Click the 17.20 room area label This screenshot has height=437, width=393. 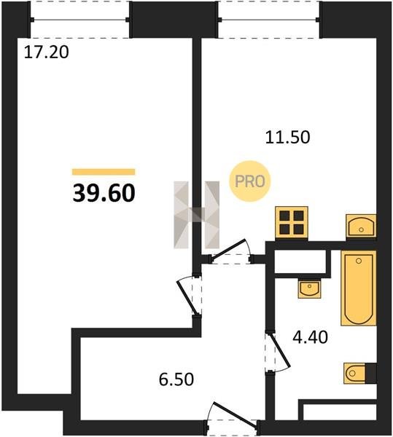[x=47, y=52]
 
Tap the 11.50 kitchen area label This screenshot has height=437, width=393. [x=287, y=138]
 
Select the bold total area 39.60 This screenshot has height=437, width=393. [x=104, y=193]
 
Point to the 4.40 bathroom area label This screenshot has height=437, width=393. [x=310, y=337]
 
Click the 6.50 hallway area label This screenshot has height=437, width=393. [x=176, y=379]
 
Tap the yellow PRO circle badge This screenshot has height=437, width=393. [x=250, y=181]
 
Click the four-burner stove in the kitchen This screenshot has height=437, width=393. [x=292, y=223]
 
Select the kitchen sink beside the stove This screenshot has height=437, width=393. [x=361, y=226]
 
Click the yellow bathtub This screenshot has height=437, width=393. [x=359, y=288]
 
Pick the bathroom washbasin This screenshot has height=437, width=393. [x=309, y=288]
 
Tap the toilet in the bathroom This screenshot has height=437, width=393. [x=355, y=373]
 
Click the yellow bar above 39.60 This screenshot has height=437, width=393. [x=104, y=172]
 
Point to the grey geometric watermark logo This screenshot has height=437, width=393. [x=196, y=215]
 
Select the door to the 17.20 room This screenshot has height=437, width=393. [x=189, y=296]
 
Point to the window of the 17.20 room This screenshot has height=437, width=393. [x=79, y=20]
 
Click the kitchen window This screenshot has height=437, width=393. [x=269, y=20]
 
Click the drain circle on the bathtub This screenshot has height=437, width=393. [x=359, y=261]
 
